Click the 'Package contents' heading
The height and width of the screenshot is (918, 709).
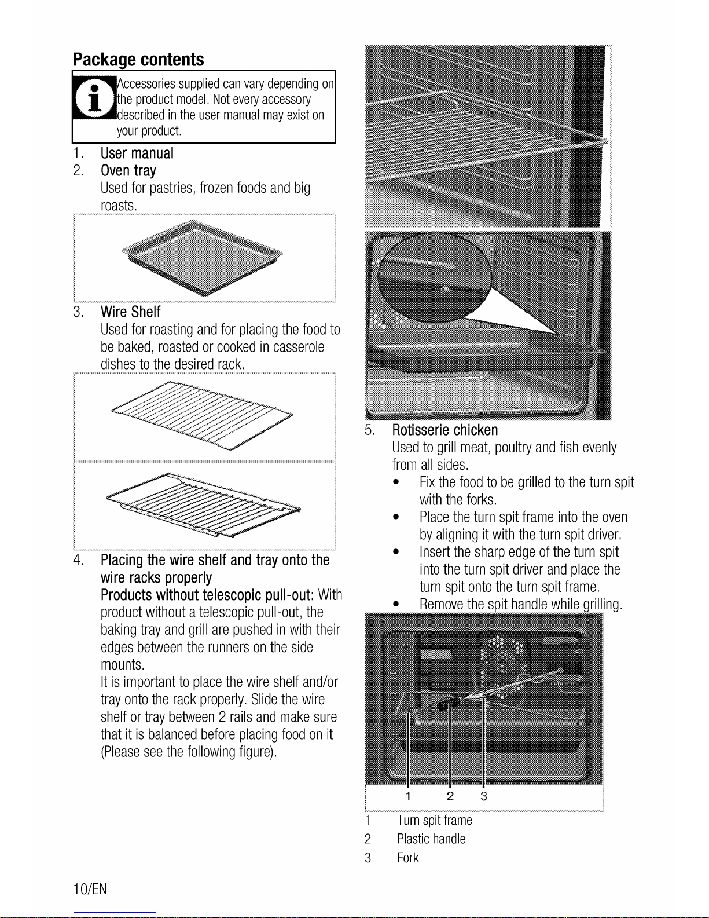click(x=138, y=60)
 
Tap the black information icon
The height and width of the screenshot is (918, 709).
click(x=94, y=97)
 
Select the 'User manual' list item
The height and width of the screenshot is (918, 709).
click(x=137, y=153)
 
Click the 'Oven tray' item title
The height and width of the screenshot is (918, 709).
click(x=128, y=171)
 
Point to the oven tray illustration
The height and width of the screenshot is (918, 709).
click(x=203, y=258)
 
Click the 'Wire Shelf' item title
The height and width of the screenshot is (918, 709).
click(x=130, y=312)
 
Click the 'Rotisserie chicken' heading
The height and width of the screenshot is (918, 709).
click(x=445, y=430)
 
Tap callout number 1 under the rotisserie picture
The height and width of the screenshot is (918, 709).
click(x=408, y=796)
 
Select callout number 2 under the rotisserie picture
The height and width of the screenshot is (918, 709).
click(x=450, y=796)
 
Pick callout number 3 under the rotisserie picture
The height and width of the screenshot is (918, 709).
click(x=484, y=796)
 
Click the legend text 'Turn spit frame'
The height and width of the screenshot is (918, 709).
click(x=434, y=821)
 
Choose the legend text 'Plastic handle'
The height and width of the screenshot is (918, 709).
click(x=431, y=839)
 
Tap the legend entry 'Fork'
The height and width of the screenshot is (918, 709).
click(x=407, y=858)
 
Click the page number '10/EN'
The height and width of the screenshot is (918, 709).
click(x=90, y=889)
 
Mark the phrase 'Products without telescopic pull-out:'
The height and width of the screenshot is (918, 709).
click(x=207, y=595)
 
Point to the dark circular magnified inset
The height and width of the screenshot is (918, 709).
click(x=435, y=277)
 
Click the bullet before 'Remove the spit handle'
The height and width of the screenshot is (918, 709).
click(x=395, y=605)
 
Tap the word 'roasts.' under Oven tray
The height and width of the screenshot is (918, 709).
click(x=119, y=206)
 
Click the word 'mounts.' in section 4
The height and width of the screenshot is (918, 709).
click(x=122, y=665)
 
